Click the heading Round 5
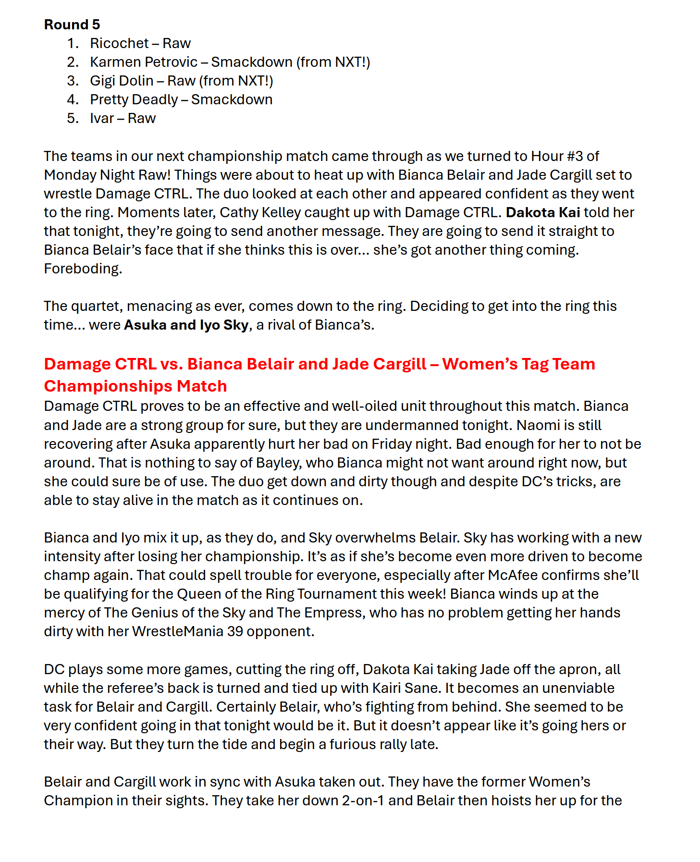click(x=72, y=25)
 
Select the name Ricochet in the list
click(x=119, y=43)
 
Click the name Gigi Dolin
click(x=122, y=81)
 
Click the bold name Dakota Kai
click(x=543, y=212)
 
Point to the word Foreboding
click(x=83, y=269)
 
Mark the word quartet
click(x=95, y=306)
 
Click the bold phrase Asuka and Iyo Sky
click(x=186, y=325)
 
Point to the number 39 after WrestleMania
click(x=235, y=631)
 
